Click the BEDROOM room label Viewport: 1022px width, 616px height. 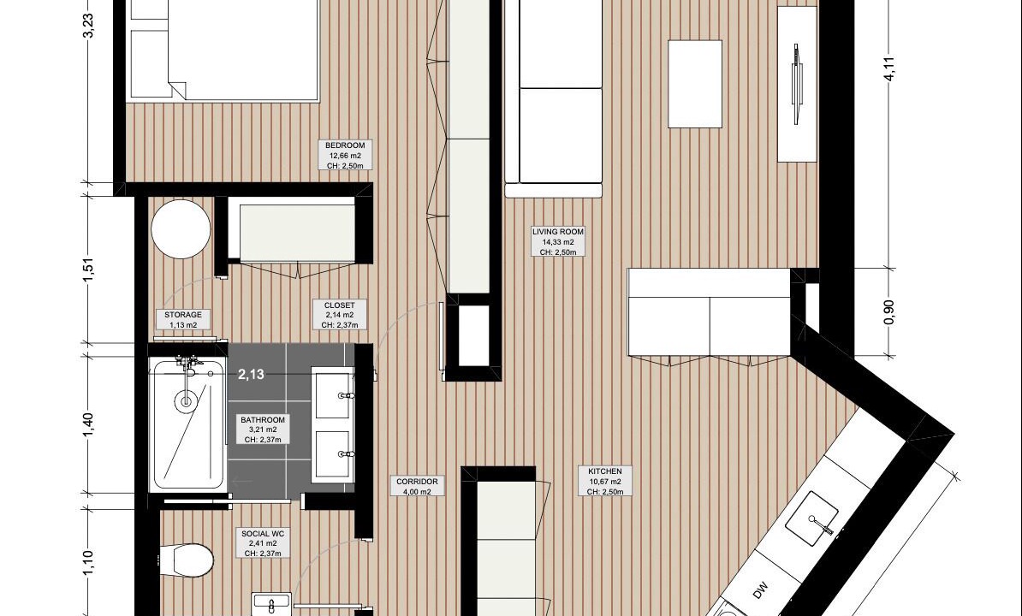coord(346,145)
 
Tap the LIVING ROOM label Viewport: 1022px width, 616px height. coord(558,232)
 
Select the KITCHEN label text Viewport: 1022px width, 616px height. coord(605,471)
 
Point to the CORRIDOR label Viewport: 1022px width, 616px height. coord(417,482)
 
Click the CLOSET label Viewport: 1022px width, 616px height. coord(340,305)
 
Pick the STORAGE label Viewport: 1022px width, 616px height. coord(183,315)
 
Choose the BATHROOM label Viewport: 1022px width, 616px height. coord(263,421)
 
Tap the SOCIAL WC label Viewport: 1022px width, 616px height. coord(263,534)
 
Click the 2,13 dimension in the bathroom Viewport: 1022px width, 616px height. coord(251,375)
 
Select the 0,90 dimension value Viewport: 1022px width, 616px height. coord(889,312)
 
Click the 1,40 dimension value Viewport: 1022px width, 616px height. coord(89,425)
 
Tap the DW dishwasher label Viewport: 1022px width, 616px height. coord(760,591)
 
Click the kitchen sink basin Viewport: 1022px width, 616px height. coord(811,518)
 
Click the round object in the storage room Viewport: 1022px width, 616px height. coord(181,229)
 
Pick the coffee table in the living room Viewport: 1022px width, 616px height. coord(695,84)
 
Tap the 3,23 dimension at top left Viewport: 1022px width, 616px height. coord(89,26)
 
